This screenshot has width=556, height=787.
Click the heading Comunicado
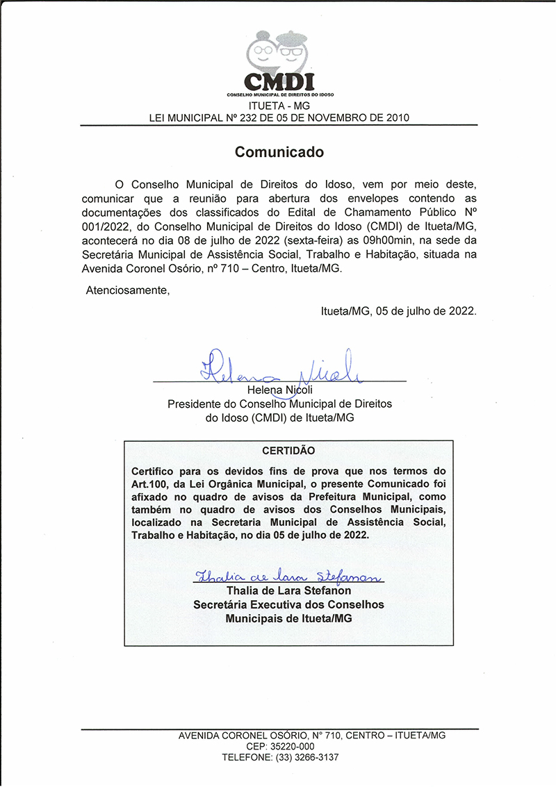pyautogui.click(x=279, y=151)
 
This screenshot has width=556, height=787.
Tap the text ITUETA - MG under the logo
pyautogui.click(x=279, y=106)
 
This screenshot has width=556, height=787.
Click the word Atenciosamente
pyautogui.click(x=127, y=290)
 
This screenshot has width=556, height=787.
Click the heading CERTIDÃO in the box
pyautogui.click(x=288, y=450)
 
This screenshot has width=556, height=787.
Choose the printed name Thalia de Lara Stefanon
pyautogui.click(x=288, y=590)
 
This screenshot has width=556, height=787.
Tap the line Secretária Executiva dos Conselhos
pyautogui.click(x=288, y=604)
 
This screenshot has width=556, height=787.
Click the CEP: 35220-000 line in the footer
pyautogui.click(x=280, y=746)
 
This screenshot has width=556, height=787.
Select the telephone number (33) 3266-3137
pyautogui.click(x=307, y=757)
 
